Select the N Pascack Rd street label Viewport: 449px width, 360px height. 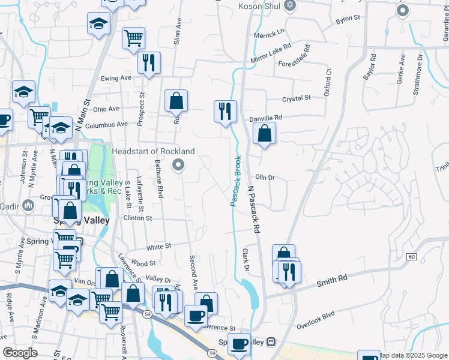[x=255, y=208]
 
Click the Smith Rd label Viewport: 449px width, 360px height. [x=334, y=279]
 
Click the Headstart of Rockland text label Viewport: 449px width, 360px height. [x=153, y=151]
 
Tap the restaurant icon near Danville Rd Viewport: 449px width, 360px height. [x=225, y=112]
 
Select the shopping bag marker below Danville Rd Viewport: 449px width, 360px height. [x=265, y=134]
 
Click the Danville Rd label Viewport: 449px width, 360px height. [x=265, y=118]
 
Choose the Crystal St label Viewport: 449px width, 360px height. [x=297, y=98]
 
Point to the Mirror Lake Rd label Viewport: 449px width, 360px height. [x=271, y=53]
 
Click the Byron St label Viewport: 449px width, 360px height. [x=348, y=19]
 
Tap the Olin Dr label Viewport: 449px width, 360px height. [x=265, y=178]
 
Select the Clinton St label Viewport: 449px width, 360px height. [x=137, y=218]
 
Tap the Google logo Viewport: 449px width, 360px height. [x=20, y=352]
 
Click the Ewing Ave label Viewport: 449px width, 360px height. [x=116, y=78]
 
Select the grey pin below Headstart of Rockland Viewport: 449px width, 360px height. [x=177, y=164]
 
